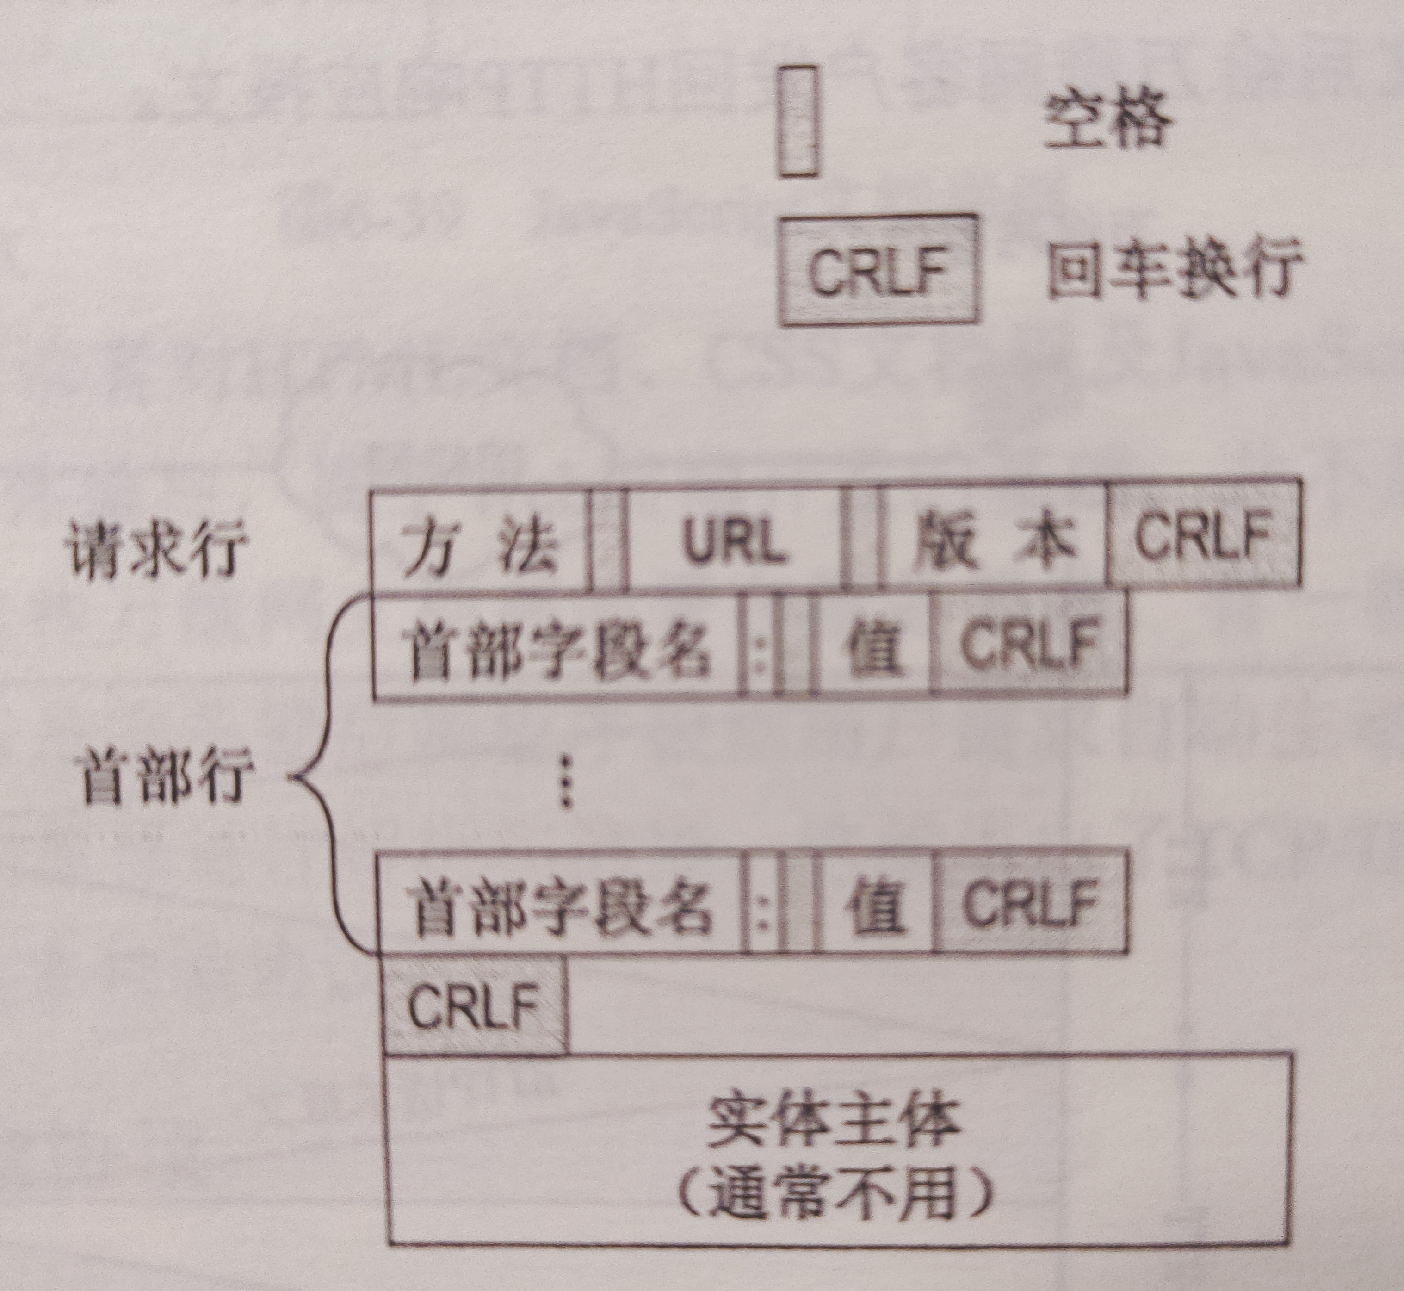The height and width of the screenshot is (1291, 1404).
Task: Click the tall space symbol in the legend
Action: pos(797,122)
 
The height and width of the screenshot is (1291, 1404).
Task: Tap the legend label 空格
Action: pos(1107,122)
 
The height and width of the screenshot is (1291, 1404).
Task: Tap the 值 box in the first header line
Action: pos(873,646)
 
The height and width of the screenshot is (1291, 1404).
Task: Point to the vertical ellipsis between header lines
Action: pos(566,781)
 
